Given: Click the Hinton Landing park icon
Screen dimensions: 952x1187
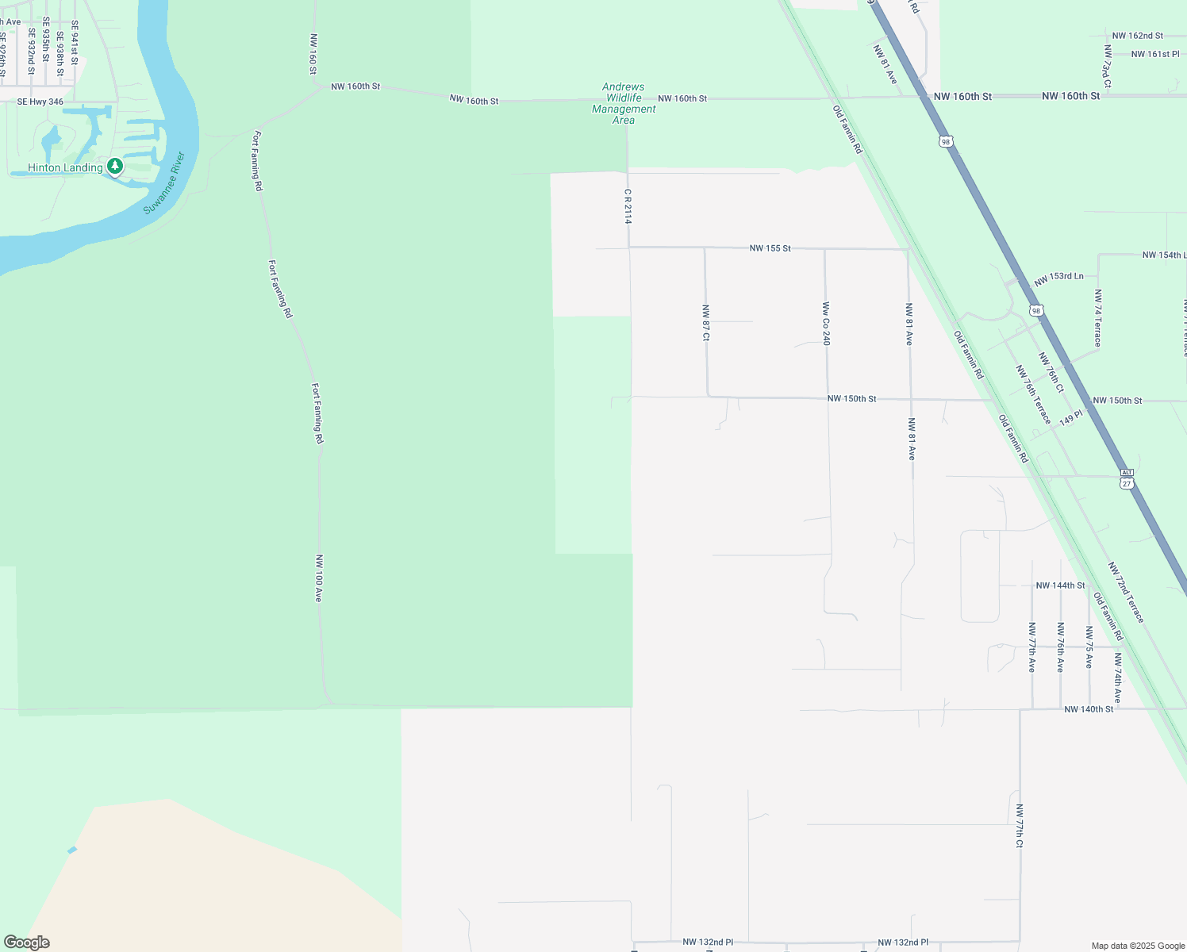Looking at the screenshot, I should click(x=116, y=167).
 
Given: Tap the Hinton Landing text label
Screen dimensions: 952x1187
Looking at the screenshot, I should click(x=65, y=167).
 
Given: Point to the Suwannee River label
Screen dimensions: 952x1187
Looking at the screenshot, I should click(x=164, y=182).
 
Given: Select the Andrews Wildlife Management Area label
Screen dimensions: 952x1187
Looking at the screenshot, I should click(x=624, y=104).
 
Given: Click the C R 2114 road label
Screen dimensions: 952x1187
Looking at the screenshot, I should click(x=628, y=206).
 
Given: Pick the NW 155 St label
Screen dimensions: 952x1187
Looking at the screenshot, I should click(x=770, y=248).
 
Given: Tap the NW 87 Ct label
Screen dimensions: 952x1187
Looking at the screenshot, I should click(x=705, y=323).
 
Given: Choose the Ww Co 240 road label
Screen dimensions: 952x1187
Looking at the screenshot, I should click(x=826, y=324).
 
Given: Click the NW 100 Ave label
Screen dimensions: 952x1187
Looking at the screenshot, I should click(x=319, y=578).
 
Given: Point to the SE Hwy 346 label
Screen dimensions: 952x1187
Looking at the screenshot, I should click(x=40, y=102).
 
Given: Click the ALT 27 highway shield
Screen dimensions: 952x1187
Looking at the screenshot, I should click(x=1127, y=478).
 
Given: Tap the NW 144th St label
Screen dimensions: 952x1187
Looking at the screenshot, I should click(x=1060, y=585).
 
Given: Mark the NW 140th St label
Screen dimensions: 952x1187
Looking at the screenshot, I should click(x=1089, y=709).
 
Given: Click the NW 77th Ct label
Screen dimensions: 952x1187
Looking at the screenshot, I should click(x=1020, y=826).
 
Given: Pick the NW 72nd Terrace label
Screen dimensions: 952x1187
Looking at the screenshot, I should click(x=1127, y=593).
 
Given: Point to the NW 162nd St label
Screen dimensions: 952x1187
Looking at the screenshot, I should click(x=1137, y=36).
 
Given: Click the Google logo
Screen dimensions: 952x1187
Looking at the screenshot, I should click(x=27, y=942).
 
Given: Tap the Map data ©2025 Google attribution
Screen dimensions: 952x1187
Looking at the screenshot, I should click(x=1138, y=946).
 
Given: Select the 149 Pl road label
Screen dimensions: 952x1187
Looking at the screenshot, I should click(x=1070, y=418).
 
